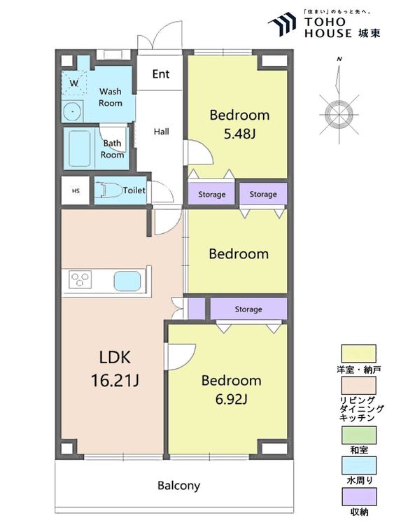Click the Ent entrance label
pos(161,74)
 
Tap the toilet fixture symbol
pos(108,190)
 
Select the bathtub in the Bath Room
pos(79,148)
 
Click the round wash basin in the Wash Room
pos(71,111)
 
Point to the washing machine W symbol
pos(73,83)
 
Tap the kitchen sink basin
pos(127,281)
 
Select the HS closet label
pos(76,191)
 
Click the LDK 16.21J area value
pos(115,381)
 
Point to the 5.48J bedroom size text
pos(239,134)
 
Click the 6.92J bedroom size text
pos(232,399)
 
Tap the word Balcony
pos(178,486)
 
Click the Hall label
pos(162,132)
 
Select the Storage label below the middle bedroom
pos(248,309)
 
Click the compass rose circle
pos(339,114)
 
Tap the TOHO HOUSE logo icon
pos(282,24)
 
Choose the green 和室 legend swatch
pos(358,435)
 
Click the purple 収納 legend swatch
pos(358,497)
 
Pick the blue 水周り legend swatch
pos(358,465)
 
